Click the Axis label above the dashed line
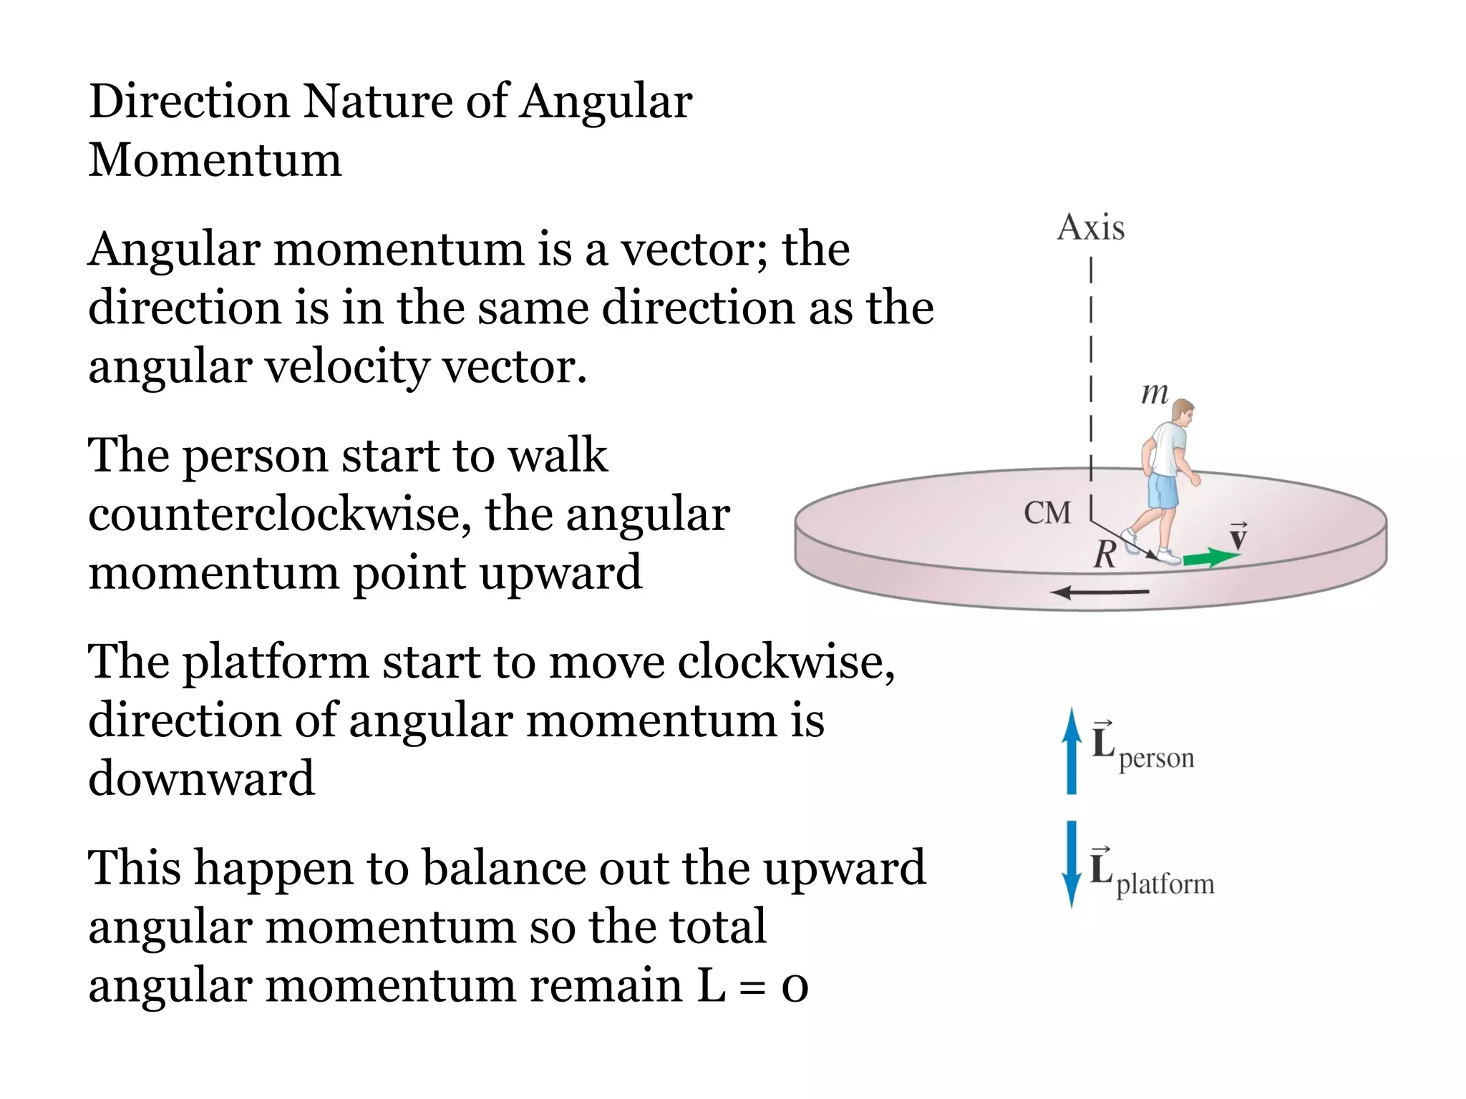[x=1090, y=228]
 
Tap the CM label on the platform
[x=1047, y=513]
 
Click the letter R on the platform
[x=1105, y=555]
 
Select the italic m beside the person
[x=1154, y=393]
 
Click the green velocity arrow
[x=1210, y=557]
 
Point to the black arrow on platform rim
[x=1100, y=592]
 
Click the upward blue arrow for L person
[x=1071, y=751]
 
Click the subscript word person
[x=1156, y=759]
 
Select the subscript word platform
[x=1165, y=885]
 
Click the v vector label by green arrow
[x=1238, y=537]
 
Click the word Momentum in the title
[x=215, y=160]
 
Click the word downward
[x=201, y=778]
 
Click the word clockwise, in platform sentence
[x=785, y=662]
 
